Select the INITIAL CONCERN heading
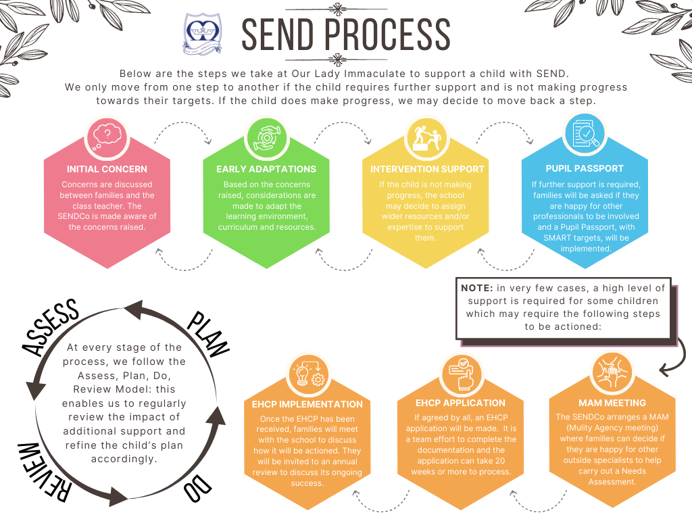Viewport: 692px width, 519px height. point(107,169)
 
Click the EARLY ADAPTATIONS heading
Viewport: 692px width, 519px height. point(266,169)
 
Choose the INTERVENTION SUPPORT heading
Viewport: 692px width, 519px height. point(427,169)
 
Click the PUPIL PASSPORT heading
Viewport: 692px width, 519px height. point(585,168)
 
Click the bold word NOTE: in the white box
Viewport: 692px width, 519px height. point(477,288)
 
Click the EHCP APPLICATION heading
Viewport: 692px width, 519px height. point(460,403)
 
